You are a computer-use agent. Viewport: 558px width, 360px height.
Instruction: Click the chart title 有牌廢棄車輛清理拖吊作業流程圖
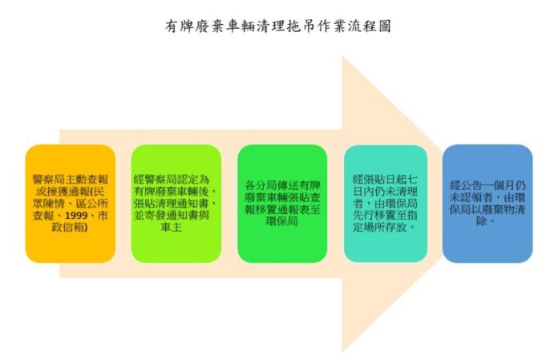[x=278, y=26]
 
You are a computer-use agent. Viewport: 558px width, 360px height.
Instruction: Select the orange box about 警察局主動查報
[x=70, y=204]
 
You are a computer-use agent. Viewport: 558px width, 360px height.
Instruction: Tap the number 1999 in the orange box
[x=76, y=216]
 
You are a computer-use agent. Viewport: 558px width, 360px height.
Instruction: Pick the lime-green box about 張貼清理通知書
[x=176, y=204]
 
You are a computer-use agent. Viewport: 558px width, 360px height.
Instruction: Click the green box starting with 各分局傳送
[x=282, y=204]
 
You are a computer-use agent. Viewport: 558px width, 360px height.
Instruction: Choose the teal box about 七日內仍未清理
[x=386, y=204]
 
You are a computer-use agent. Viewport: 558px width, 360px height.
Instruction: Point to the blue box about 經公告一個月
[x=487, y=204]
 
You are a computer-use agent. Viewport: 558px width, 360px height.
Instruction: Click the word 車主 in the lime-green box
[x=172, y=228]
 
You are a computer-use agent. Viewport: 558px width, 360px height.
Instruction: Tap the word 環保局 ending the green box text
[x=282, y=221]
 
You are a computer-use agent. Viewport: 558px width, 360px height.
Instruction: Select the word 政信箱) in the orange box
[x=70, y=228]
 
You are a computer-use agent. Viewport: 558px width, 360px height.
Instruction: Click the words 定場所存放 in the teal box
[x=380, y=228]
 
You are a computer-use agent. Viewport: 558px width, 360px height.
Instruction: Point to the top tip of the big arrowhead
[x=342, y=56]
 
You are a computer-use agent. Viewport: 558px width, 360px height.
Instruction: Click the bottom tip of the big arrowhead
[x=342, y=351]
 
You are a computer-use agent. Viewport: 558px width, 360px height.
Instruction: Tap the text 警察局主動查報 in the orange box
[x=70, y=180]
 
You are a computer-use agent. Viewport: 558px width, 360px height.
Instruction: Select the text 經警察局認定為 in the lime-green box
[x=172, y=180]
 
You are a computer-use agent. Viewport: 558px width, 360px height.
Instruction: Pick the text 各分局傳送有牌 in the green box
[x=282, y=186]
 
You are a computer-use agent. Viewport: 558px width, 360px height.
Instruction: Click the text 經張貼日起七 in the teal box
[x=385, y=180]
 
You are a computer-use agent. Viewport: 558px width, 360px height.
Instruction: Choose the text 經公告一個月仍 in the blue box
[x=487, y=186]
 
